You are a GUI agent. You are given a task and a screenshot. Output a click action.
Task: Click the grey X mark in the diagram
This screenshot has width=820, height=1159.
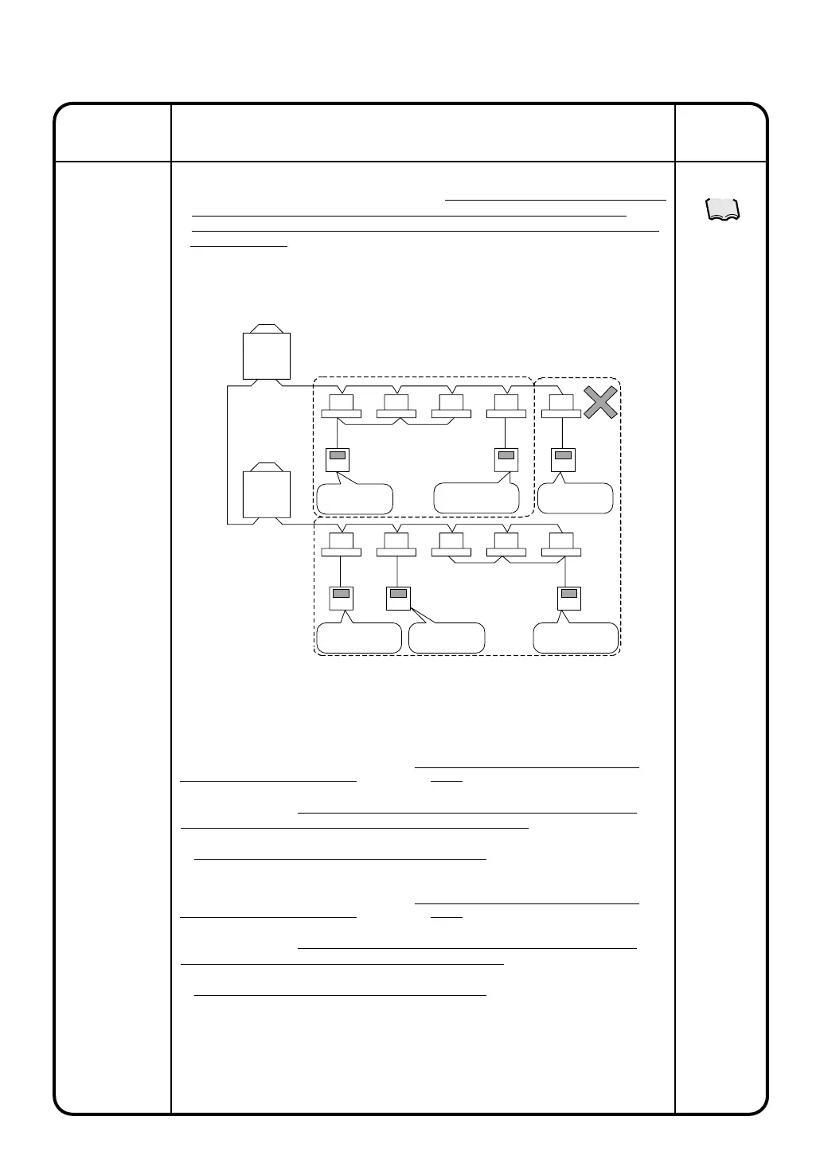click(600, 402)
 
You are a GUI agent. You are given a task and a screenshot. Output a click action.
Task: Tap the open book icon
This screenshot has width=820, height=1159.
click(723, 209)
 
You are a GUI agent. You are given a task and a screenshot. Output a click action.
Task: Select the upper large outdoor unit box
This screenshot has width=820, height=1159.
click(266, 356)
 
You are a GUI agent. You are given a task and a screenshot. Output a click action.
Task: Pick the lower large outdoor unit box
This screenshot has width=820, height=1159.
click(266, 494)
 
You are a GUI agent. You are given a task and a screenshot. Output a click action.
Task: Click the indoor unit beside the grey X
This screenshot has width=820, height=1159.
click(561, 406)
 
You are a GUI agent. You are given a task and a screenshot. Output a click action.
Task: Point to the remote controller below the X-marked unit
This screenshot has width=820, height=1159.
click(563, 459)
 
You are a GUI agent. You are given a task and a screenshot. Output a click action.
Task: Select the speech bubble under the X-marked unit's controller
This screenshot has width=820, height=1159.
click(575, 498)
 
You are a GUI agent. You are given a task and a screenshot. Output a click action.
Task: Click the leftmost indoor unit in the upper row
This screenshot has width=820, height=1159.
click(341, 406)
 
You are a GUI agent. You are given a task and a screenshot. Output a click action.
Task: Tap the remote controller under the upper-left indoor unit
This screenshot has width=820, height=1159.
click(338, 459)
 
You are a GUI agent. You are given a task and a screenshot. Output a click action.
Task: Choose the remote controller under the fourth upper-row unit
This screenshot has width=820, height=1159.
click(506, 459)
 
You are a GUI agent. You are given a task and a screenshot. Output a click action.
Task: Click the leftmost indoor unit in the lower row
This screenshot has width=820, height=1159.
click(341, 544)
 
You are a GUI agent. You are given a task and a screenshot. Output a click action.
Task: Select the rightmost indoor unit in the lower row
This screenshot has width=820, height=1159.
click(561, 544)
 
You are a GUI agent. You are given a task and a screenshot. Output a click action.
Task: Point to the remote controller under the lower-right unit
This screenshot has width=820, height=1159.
click(568, 597)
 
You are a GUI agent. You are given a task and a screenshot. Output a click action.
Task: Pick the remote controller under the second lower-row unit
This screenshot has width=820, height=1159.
click(398, 597)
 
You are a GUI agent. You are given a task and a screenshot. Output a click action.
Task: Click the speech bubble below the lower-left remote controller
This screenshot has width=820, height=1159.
click(358, 638)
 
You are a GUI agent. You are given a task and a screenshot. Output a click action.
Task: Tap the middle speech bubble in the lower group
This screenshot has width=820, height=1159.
click(447, 638)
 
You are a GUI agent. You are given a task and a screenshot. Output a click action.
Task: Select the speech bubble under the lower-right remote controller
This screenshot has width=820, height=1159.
click(576, 638)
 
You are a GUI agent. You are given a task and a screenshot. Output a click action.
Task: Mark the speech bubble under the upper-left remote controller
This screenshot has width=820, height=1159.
click(354, 498)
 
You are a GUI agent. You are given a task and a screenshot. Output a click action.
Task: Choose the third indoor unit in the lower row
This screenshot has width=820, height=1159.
click(451, 544)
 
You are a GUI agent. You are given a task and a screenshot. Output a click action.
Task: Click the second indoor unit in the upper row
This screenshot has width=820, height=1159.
click(396, 406)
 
